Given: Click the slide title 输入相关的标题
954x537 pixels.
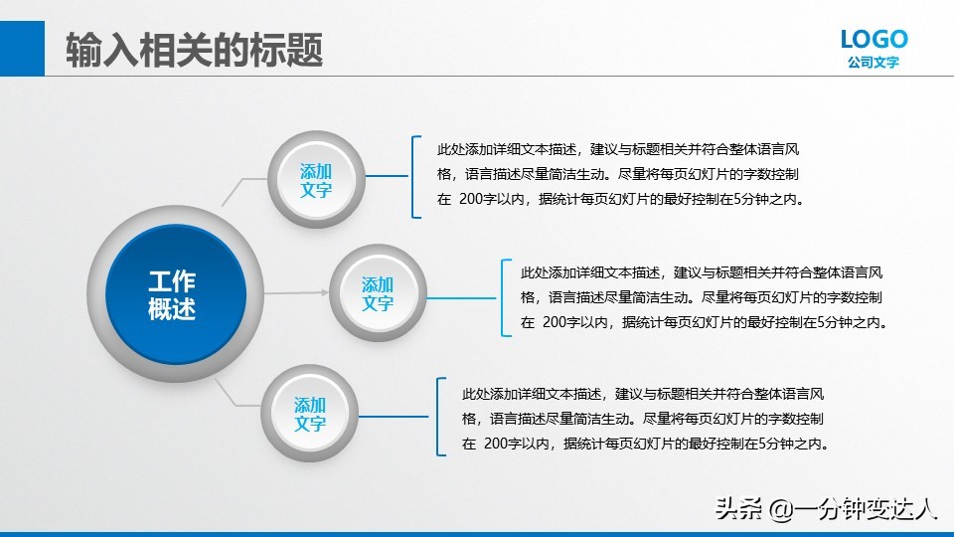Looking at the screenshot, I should point(194,50).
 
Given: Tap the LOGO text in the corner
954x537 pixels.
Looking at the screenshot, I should point(874,39).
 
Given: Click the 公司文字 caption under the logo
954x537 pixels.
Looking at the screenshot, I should point(874,63).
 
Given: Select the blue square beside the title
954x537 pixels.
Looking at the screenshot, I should point(22,47).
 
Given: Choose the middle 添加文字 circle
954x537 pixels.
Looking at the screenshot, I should point(378,294).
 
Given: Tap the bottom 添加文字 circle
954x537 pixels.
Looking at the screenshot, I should point(310,414).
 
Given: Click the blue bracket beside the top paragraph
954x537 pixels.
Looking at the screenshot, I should point(411,177).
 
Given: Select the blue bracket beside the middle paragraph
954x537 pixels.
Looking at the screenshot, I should point(503,297).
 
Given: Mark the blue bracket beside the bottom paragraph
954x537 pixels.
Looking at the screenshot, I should point(438,417).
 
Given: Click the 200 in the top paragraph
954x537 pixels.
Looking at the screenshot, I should point(472,199).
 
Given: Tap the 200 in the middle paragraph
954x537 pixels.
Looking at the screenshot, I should point(556,322).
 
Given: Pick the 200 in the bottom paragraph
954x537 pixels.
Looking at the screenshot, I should point(497,444).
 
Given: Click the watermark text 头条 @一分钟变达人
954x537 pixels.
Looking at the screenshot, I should point(825,510).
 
